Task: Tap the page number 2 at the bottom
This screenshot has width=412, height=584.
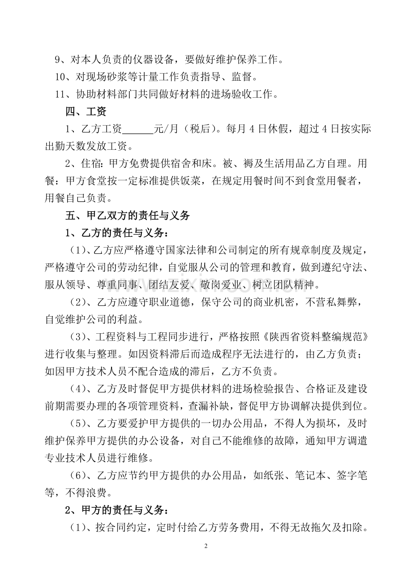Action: (206, 546)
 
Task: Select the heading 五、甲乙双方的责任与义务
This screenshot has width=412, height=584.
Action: (128, 216)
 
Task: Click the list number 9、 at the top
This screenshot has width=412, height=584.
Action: (60, 59)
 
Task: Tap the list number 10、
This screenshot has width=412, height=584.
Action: (63, 77)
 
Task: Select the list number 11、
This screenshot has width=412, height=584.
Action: (63, 94)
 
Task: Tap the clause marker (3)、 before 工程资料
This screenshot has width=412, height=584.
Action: (81, 336)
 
